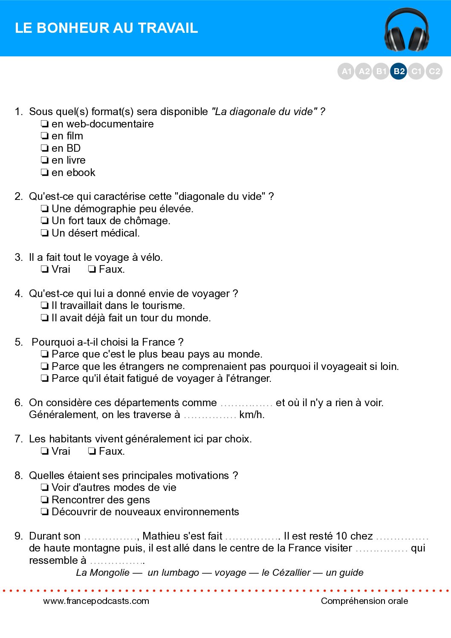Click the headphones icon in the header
tap(406, 30)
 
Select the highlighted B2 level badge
tap(399, 71)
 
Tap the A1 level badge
tap(346, 71)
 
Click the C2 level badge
tap(434, 71)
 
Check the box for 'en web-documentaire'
tap(44, 124)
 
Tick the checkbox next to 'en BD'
tap(44, 148)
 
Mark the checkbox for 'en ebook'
tap(44, 173)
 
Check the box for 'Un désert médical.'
tap(44, 233)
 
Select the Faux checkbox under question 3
tap(92, 269)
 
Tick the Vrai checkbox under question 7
tap(44, 451)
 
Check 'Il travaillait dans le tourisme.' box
tap(44, 306)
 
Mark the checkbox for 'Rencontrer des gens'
tap(44, 500)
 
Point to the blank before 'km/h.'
tap(210, 416)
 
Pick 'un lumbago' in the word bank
tap(173, 572)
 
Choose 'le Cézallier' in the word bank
tap(286, 572)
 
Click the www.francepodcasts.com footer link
tap(96, 601)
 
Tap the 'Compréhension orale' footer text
tap(364, 601)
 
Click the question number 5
tap(18, 342)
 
